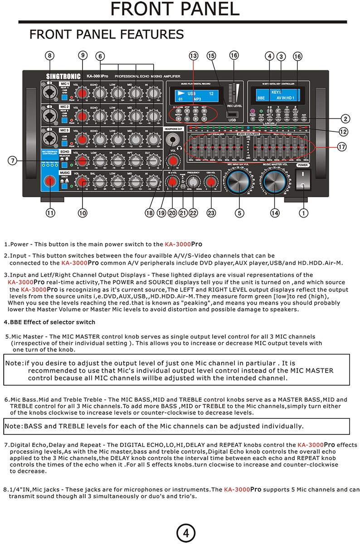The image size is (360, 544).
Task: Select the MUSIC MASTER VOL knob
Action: pos(275,181)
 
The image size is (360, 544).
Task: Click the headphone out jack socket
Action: pos(172,140)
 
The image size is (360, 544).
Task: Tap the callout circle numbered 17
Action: pos(342,147)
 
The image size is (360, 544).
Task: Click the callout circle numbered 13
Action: pos(194,56)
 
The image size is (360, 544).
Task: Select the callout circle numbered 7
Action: pos(13,160)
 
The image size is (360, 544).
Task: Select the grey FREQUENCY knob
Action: pos(194,182)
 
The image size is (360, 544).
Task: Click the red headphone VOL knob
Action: pos(172,160)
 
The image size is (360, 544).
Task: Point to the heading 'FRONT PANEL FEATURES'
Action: pos(107,34)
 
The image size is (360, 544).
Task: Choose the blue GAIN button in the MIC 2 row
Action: pos(65,119)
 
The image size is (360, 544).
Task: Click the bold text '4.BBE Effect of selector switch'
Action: pos(49,322)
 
